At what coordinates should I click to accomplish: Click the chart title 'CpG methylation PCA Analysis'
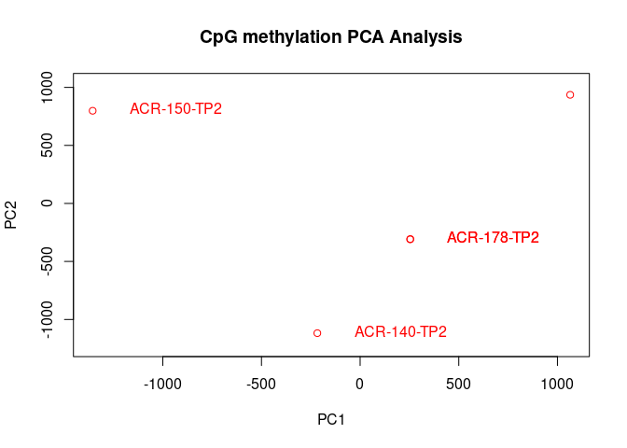coord(331,37)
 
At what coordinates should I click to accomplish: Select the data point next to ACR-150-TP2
coord(92,110)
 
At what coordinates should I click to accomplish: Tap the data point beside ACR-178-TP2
coord(410,239)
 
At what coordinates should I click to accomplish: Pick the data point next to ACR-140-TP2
coord(317,333)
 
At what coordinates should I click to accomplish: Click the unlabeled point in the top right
coord(570,94)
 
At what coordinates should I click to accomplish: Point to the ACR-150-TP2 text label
coord(175,109)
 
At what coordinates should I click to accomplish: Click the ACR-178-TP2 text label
coord(493,238)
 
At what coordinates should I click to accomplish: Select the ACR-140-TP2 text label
coord(400,332)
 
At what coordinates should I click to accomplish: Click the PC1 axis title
coord(331,420)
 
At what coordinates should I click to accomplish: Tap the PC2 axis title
coord(12,214)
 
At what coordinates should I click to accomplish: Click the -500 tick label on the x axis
coord(261,385)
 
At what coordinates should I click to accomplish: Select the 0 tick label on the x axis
coord(360,385)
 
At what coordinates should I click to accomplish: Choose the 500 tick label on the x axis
coord(458,385)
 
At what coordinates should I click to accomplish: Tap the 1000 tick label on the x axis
coord(557,385)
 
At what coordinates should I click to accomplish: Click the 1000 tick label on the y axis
coord(48,88)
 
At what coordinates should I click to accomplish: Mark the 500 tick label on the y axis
coord(48,146)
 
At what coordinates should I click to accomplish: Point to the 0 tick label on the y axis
coord(48,203)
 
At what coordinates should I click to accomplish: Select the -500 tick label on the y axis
coord(48,261)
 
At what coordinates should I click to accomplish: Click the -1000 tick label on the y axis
coord(48,319)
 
